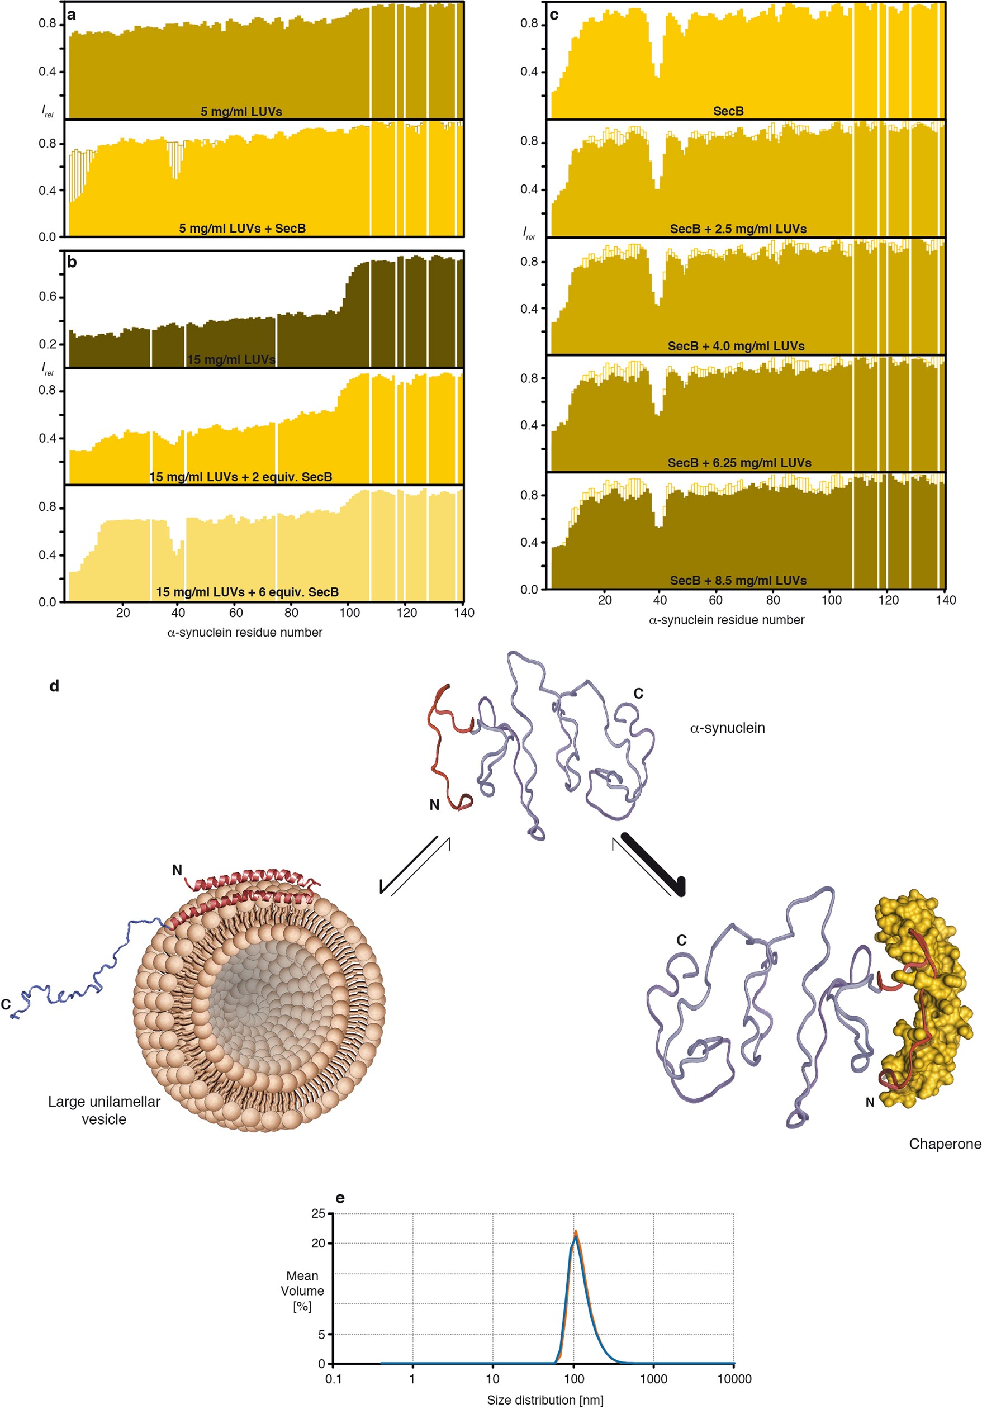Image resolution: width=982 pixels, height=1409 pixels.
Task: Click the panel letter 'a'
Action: (x=71, y=15)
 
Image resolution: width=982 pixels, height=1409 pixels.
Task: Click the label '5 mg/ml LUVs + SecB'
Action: (x=242, y=228)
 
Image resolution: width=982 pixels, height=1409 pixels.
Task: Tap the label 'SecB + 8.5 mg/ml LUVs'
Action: (x=738, y=580)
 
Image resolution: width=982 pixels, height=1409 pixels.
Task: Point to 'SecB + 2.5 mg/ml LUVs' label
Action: (x=738, y=229)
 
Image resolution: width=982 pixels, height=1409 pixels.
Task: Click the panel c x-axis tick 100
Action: (x=831, y=600)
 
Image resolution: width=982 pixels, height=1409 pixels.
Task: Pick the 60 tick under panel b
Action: (x=236, y=613)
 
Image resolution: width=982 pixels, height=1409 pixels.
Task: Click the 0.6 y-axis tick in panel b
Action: (x=48, y=297)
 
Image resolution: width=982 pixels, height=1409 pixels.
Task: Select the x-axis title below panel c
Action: (x=726, y=620)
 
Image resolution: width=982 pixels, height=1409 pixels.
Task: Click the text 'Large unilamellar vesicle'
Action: (x=104, y=1110)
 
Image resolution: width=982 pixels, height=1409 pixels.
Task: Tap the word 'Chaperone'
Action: (x=945, y=1144)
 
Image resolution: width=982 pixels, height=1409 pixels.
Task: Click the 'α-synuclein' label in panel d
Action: (x=727, y=728)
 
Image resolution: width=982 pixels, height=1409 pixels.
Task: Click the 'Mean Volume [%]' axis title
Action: (x=302, y=1291)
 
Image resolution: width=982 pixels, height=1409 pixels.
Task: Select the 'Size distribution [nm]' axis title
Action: (x=545, y=1400)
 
